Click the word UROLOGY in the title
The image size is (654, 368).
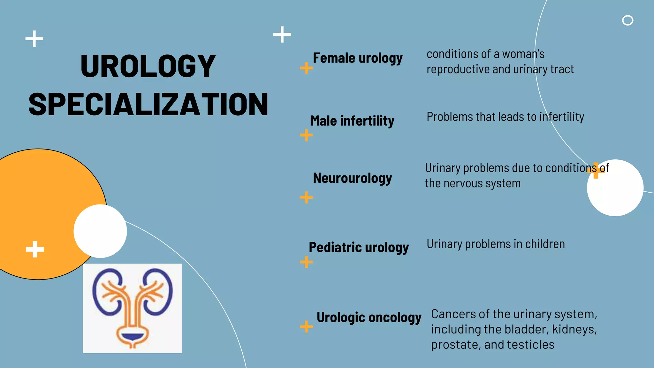(148, 66)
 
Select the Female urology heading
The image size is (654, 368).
(358, 58)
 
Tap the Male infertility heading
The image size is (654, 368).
(352, 121)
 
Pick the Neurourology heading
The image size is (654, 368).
(352, 178)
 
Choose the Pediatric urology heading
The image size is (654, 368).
(359, 248)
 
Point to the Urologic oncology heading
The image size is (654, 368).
(369, 318)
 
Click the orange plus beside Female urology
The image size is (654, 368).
(306, 68)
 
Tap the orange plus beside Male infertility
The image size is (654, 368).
(306, 135)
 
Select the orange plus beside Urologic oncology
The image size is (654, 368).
(306, 326)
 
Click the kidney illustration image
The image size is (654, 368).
(133, 308)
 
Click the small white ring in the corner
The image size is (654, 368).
(627, 20)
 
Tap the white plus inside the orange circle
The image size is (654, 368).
(35, 249)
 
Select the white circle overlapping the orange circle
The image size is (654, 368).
(100, 231)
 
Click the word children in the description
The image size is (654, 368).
(545, 244)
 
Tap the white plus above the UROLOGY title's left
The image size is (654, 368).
(34, 39)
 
